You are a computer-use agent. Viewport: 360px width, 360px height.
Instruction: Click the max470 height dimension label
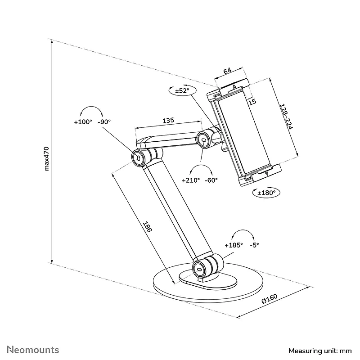47,159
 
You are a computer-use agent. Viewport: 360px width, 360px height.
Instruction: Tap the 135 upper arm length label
168,120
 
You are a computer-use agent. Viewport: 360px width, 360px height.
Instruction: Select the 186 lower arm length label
148,227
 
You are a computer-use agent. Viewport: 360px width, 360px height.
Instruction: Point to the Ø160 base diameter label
270,299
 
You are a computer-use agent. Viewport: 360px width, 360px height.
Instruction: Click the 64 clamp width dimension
227,71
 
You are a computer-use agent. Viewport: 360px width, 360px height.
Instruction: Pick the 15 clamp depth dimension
252,101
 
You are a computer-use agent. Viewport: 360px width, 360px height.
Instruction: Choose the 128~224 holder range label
286,117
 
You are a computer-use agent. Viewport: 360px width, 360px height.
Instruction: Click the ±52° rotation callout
182,90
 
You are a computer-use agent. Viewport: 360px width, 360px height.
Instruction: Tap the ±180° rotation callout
266,193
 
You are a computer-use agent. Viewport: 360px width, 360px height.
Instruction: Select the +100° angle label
83,122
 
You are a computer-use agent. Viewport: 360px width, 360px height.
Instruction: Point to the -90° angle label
104,121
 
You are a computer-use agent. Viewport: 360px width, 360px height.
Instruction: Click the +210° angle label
191,180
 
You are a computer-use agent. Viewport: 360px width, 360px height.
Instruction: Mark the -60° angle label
211,180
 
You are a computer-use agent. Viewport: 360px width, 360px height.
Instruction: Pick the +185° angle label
234,245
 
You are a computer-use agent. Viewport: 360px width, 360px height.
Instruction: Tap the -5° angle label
254,245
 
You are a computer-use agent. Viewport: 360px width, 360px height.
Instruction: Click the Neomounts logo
33,350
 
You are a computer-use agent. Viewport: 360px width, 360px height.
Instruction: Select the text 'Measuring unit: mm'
320,351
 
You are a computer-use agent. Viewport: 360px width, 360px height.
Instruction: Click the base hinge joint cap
199,269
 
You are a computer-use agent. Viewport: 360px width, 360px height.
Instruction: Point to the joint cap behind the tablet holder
203,140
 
